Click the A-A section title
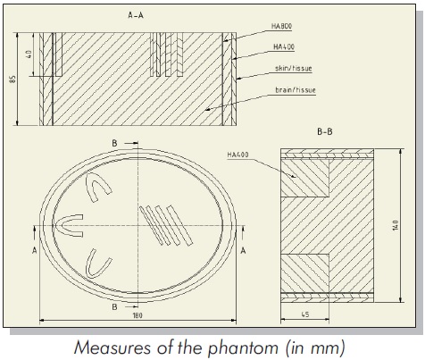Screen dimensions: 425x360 pyautogui.click(x=136, y=15)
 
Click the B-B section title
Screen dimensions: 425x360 pyautogui.click(x=325, y=131)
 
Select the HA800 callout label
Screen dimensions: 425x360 pyautogui.click(x=281, y=26)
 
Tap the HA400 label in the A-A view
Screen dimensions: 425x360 pyautogui.click(x=284, y=46)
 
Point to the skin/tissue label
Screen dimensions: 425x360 pyautogui.click(x=294, y=68)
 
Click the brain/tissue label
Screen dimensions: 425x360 pyautogui.click(x=296, y=89)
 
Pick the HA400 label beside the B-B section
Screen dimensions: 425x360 pyautogui.click(x=237, y=155)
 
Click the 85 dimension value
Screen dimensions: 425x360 pyautogui.click(x=12, y=79)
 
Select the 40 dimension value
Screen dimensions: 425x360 pyautogui.click(x=29, y=54)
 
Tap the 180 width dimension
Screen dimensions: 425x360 pyautogui.click(x=137, y=315)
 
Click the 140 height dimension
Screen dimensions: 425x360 pyautogui.click(x=396, y=225)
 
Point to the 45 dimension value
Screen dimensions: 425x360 pyautogui.click(x=305, y=314)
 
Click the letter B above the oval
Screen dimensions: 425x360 pyautogui.click(x=114, y=143)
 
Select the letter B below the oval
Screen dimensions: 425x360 pyautogui.click(x=114, y=306)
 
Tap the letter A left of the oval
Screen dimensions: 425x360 pyautogui.click(x=35, y=251)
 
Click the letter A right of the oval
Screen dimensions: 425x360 pyautogui.click(x=243, y=251)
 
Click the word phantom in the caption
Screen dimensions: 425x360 pyautogui.click(x=243, y=347)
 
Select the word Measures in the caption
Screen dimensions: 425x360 pyautogui.click(x=112, y=347)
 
